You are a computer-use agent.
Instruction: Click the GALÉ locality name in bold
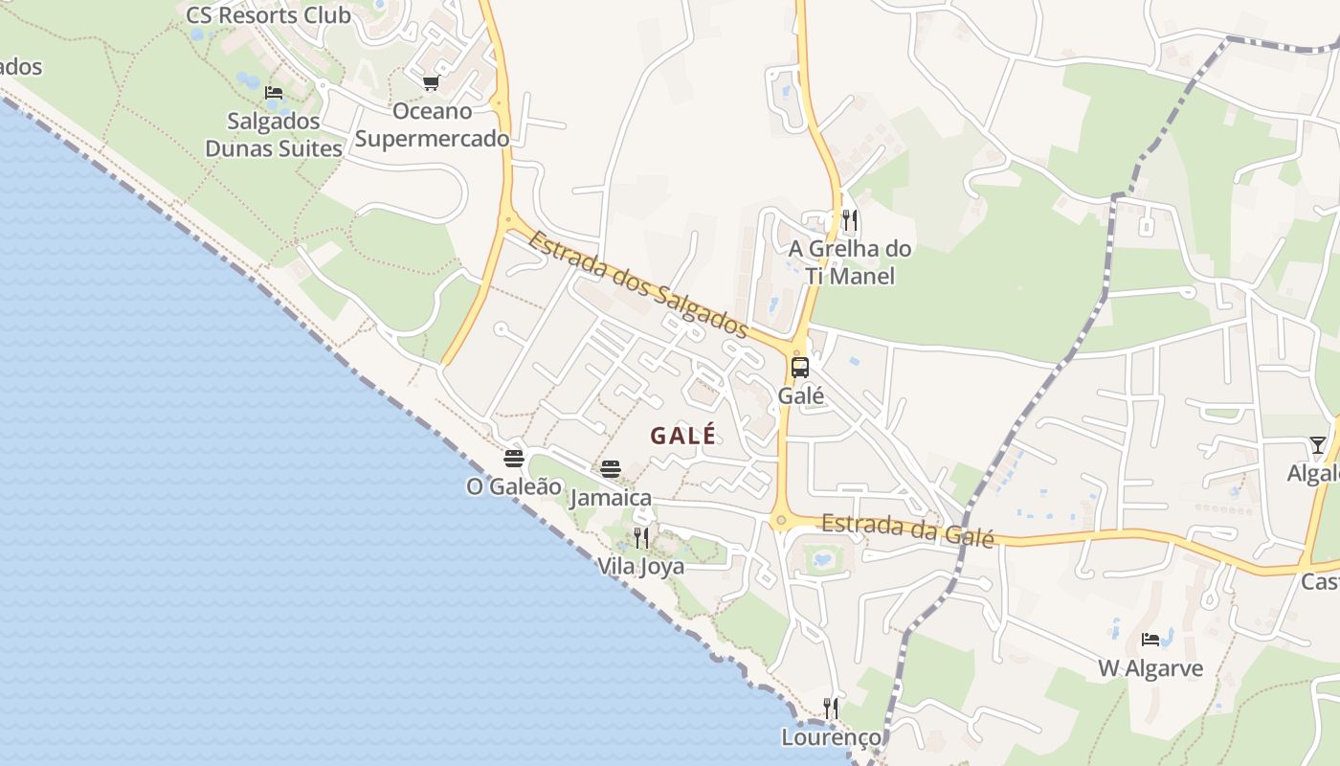682,436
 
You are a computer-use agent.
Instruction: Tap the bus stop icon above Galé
799,367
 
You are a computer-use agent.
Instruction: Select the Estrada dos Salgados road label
637,283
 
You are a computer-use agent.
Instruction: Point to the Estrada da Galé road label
907,529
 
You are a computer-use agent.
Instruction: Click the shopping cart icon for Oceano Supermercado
431,83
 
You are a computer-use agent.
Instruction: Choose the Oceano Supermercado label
432,124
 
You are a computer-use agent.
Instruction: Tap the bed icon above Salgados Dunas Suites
274,93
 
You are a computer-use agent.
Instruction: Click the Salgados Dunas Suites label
274,135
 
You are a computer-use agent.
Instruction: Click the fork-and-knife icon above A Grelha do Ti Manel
849,221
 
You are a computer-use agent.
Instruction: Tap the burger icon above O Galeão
514,458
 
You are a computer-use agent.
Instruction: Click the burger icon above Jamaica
611,469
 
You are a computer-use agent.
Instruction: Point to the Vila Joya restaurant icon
641,538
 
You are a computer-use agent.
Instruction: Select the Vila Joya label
641,566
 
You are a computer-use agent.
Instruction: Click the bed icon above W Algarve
1150,640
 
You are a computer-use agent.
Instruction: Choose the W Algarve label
1150,668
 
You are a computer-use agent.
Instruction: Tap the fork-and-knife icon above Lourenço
831,709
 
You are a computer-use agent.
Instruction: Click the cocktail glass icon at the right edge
1318,445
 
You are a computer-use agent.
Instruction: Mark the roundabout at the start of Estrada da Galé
781,521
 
